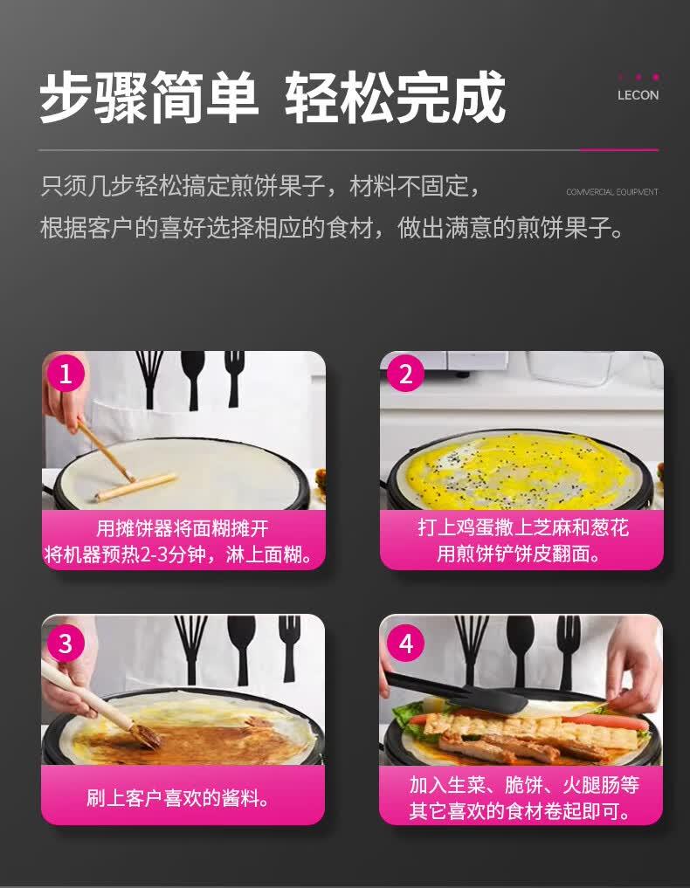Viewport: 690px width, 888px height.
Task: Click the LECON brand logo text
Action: click(638, 95)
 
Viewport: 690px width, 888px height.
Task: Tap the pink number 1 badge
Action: click(66, 374)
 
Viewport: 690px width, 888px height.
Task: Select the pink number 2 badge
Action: click(405, 374)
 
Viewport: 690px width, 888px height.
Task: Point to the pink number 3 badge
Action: click(66, 644)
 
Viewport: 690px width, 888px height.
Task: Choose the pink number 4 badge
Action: click(405, 644)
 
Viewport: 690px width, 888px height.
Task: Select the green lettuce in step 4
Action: click(408, 716)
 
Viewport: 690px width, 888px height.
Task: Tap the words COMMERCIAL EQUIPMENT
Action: click(612, 192)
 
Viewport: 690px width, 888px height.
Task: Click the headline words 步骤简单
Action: click(149, 98)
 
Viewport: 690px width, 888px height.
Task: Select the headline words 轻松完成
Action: click(395, 98)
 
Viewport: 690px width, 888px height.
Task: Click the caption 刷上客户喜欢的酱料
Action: click(178, 798)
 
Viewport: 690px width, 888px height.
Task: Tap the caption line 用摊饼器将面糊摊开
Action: click(183, 528)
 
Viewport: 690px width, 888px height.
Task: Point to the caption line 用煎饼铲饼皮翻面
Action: click(519, 554)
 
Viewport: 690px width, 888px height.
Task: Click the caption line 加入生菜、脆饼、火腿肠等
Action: click(525, 785)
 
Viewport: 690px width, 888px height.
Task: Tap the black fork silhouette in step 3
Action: click(289, 645)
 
